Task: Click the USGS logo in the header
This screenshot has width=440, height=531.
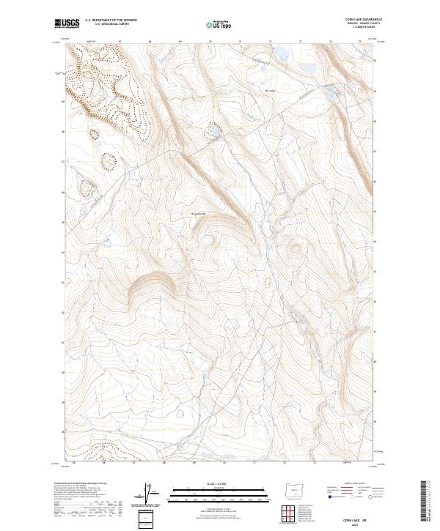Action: click(67, 24)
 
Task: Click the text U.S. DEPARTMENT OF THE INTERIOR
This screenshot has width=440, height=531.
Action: click(111, 20)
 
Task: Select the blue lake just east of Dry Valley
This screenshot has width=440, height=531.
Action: click(331, 93)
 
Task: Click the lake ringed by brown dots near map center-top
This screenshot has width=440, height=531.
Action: click(213, 131)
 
